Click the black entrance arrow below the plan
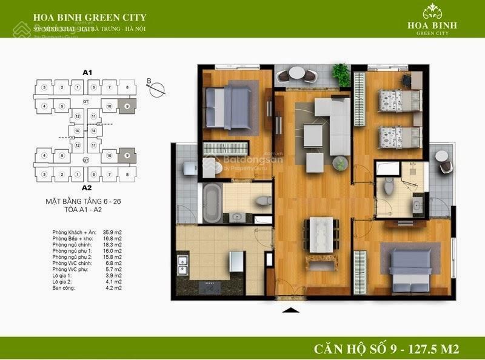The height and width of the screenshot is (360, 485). tap(292, 311)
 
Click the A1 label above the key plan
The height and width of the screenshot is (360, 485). tap(87, 73)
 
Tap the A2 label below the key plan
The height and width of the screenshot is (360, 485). tap(87, 187)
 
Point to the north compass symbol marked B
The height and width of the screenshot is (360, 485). tap(156, 88)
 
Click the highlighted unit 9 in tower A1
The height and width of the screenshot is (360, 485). tap(127, 106)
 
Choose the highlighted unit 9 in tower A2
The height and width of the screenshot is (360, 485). tap(127, 155)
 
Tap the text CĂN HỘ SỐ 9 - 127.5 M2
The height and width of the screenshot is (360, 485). tap(386, 348)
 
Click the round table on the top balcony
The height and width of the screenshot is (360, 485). tap(296, 73)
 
